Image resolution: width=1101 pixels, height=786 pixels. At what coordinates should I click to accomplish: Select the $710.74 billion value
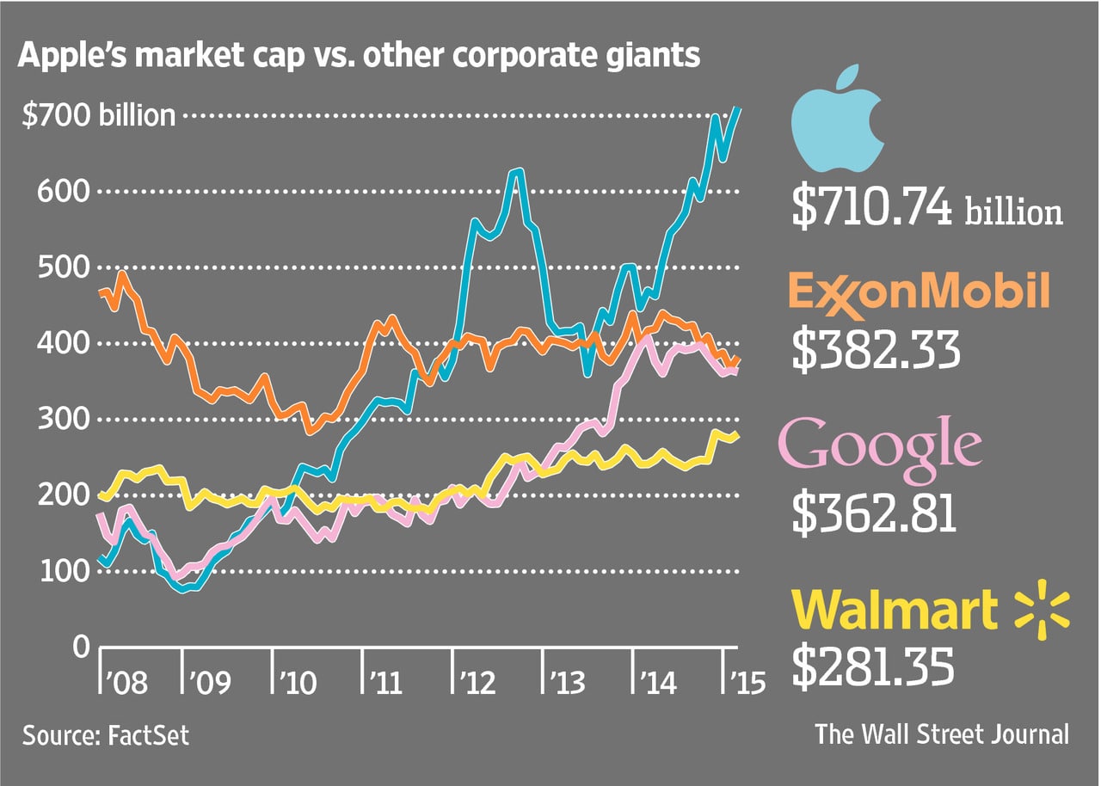pyautogui.click(x=926, y=209)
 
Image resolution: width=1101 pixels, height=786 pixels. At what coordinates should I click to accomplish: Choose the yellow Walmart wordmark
pyautogui.click(x=894, y=610)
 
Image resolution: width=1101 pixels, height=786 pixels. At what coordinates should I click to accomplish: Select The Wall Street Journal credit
pyautogui.click(x=943, y=734)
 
